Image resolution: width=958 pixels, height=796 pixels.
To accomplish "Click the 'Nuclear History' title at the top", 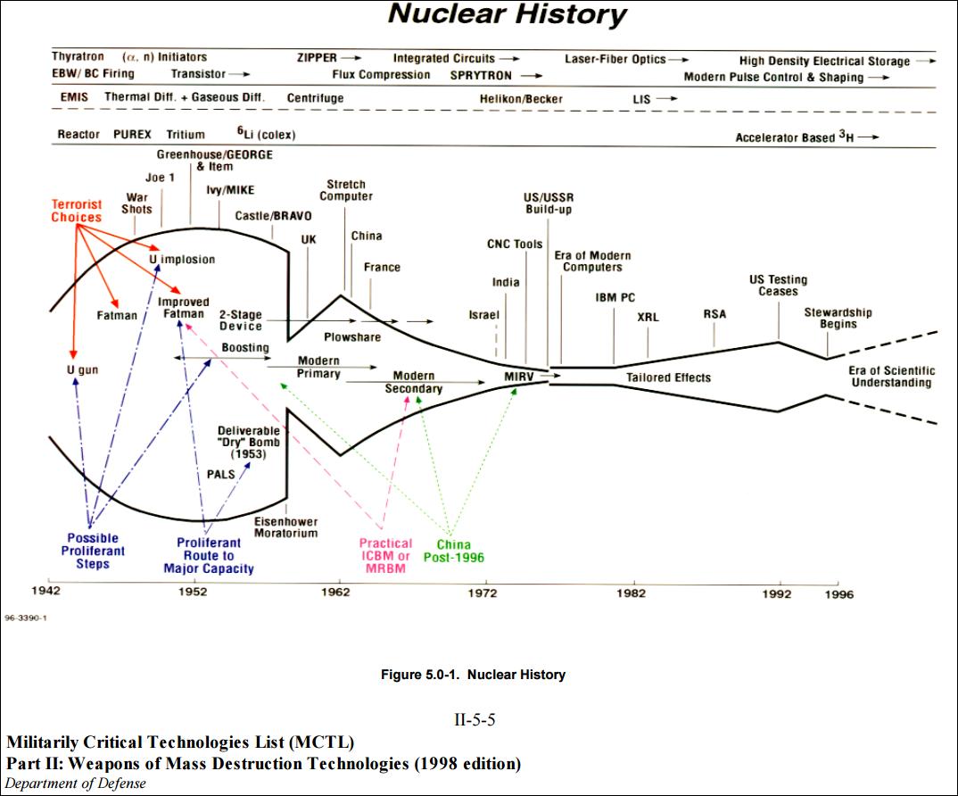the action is click(x=507, y=15).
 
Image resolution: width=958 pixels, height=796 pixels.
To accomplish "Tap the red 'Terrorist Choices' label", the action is click(x=76, y=211).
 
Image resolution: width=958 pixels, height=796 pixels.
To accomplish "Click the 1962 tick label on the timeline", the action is click(x=338, y=592).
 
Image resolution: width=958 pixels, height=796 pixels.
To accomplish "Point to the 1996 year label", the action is click(x=838, y=594).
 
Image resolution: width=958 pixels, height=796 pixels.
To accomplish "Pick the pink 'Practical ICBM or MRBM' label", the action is click(x=385, y=550).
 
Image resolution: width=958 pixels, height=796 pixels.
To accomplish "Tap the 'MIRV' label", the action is click(x=519, y=377).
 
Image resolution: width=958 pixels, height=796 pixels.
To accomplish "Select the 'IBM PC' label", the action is click(x=615, y=298).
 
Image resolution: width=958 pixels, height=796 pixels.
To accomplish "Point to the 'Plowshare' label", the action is click(x=351, y=337).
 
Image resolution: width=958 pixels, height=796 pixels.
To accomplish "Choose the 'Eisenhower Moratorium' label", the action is click(x=285, y=527).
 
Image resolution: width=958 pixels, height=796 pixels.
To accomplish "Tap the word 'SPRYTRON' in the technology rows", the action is click(x=481, y=76).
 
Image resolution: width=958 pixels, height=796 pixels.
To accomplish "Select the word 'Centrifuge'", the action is click(x=315, y=98).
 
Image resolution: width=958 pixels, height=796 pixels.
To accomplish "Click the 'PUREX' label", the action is click(x=133, y=135).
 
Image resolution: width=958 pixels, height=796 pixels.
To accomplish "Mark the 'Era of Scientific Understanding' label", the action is click(x=891, y=377).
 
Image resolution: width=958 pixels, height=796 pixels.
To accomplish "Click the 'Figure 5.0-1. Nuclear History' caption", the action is click(x=473, y=675).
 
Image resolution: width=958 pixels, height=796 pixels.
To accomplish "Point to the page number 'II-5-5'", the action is click(x=475, y=720).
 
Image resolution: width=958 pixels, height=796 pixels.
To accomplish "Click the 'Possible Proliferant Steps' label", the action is click(x=93, y=551).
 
